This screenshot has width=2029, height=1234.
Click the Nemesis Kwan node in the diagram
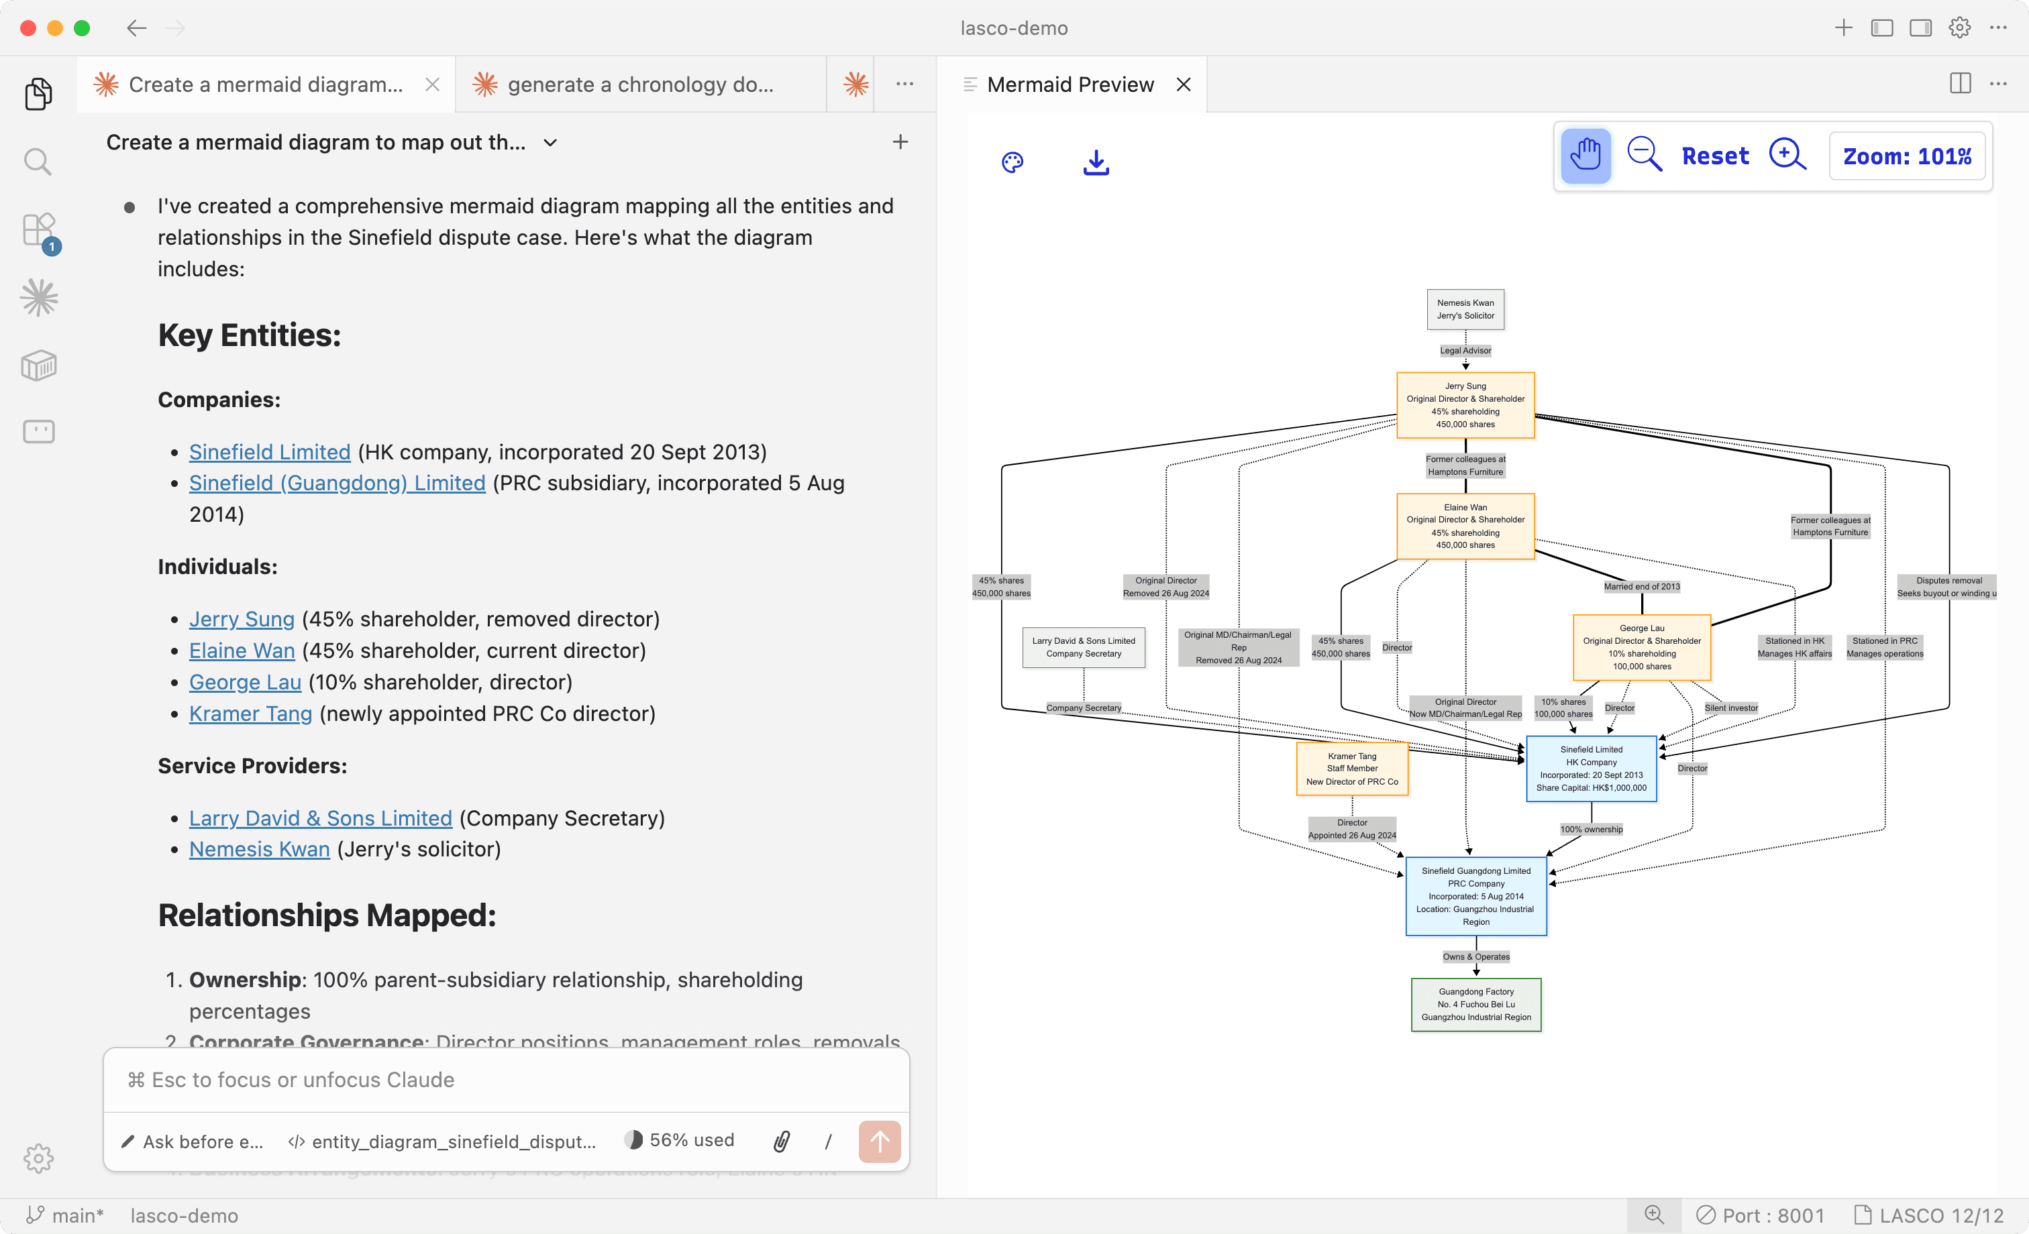point(1465,310)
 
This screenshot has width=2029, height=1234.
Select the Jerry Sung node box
point(1465,405)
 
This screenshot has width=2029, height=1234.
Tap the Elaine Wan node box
point(1465,526)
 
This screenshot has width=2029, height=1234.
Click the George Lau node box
point(1641,647)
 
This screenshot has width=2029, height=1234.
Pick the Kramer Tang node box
point(1351,769)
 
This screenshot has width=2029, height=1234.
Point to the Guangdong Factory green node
point(1475,1005)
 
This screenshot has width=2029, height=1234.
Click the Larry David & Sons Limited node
point(1083,647)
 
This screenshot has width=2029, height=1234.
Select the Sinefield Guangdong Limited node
point(1475,896)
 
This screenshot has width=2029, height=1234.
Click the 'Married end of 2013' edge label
point(1641,586)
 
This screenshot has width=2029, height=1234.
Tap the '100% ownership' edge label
point(1591,829)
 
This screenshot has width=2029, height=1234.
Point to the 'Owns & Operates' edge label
point(1475,956)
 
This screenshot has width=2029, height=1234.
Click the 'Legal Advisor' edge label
point(1465,351)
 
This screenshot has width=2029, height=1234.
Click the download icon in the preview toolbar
point(1095,162)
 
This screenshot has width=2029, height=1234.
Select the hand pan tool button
point(1585,156)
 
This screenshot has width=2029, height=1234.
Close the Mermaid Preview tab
point(1184,85)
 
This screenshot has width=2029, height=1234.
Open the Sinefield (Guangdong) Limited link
point(337,484)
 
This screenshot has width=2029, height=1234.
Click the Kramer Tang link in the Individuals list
point(250,714)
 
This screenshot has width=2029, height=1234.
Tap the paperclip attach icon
point(782,1141)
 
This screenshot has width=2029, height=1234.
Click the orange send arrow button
point(879,1141)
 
